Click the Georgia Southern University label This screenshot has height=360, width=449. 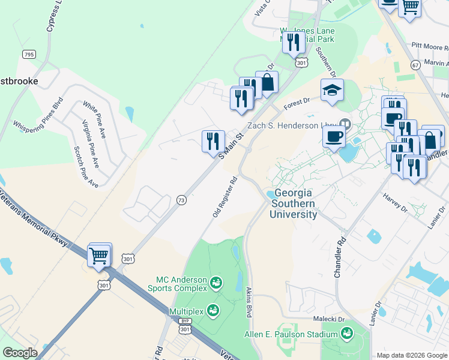point(294,203)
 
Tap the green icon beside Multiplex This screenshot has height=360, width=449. point(212,310)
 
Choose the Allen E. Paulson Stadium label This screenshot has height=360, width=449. point(291,334)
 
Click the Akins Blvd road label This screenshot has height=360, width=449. point(249,302)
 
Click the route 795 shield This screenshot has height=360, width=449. point(28,54)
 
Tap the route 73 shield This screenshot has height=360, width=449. point(181,199)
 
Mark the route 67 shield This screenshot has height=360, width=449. point(415,64)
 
